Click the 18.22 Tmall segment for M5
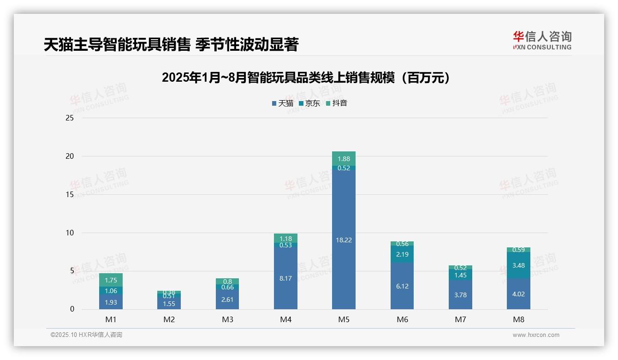point(344,240)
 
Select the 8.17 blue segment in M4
point(285,278)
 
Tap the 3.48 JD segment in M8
point(518,265)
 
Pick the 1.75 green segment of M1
point(111,280)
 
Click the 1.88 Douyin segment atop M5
point(344,159)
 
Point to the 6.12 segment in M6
point(402,286)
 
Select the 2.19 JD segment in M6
point(402,254)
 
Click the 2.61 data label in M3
point(227,300)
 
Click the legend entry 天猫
point(282,103)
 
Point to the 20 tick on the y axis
point(69,156)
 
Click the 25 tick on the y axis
point(69,118)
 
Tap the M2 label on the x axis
point(169,319)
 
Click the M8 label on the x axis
point(518,319)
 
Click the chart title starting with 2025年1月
point(306,78)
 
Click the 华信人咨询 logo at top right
point(542,40)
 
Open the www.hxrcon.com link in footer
point(535,335)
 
